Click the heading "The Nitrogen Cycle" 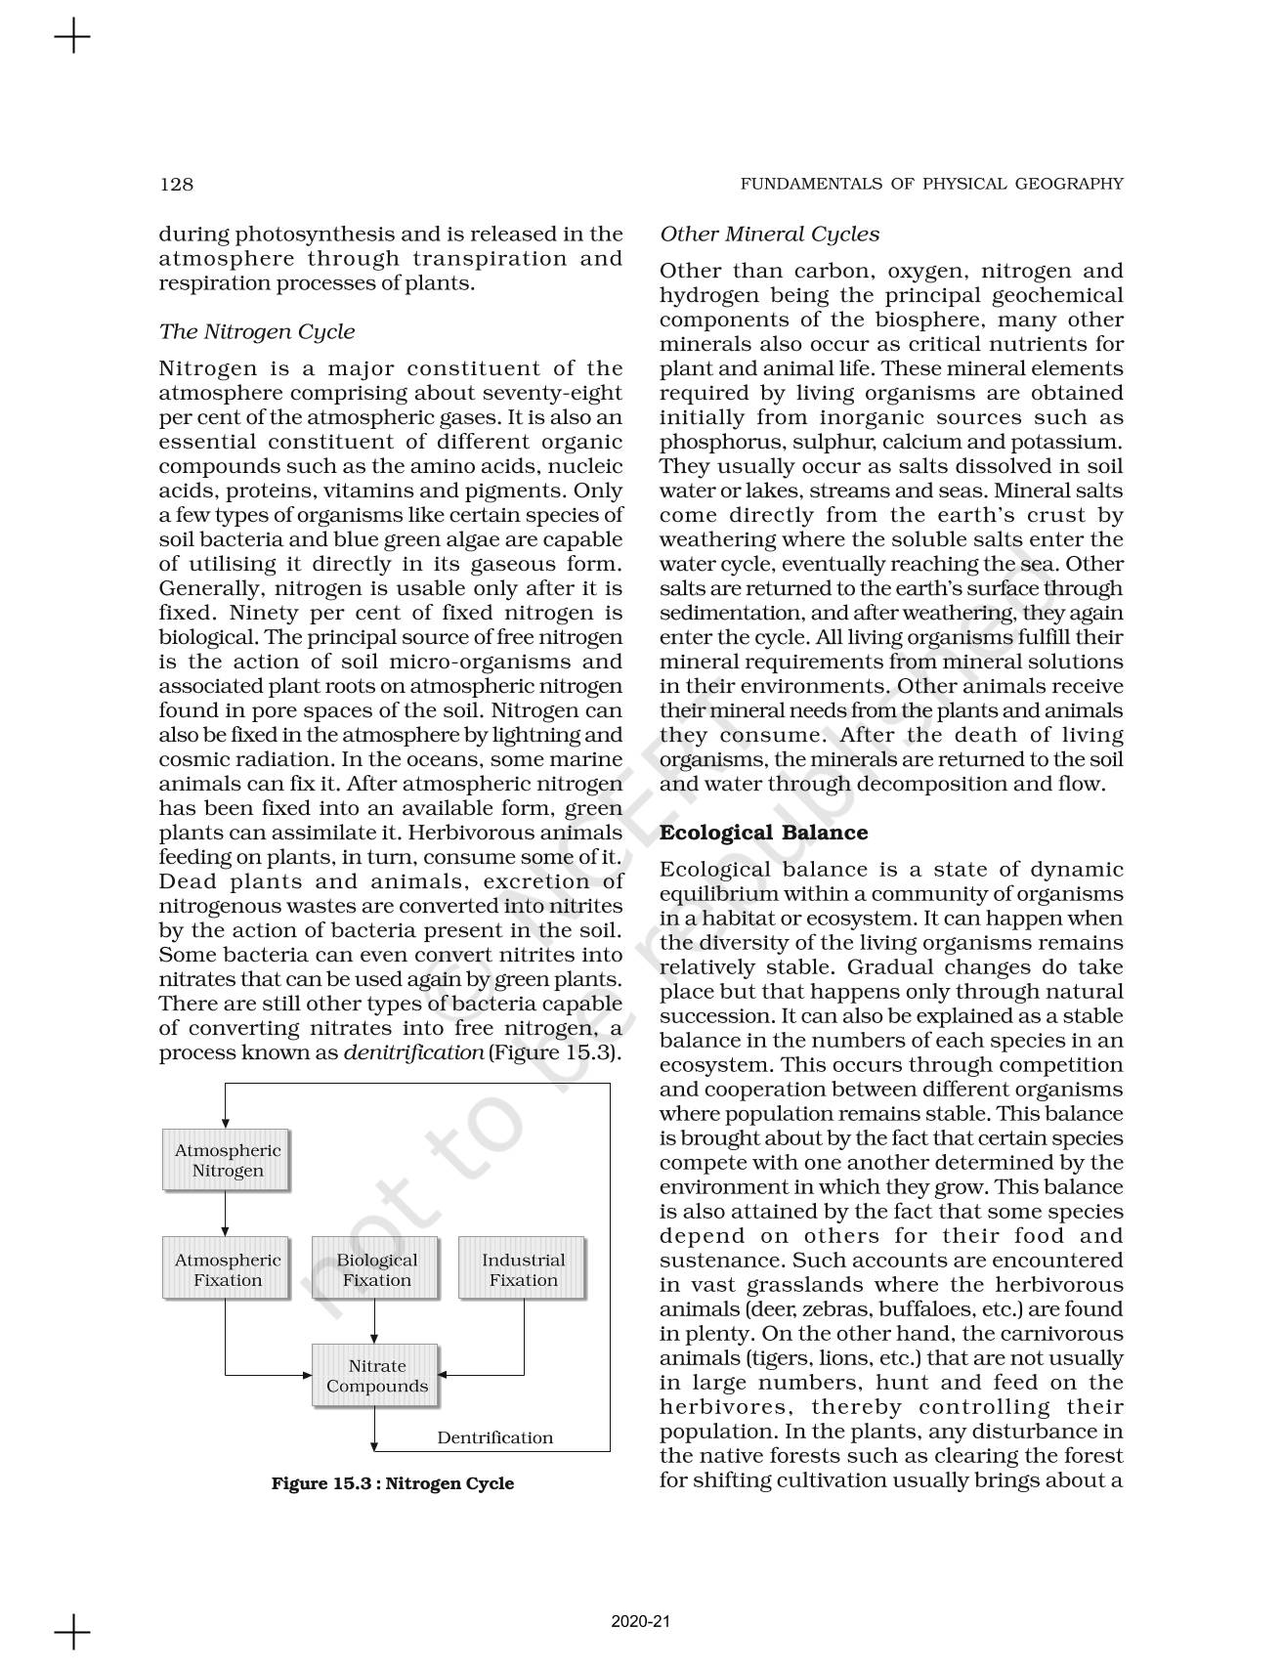coord(256,332)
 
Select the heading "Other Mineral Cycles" coord(769,235)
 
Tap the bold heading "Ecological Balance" coord(763,833)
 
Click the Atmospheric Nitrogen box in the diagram coord(227,1161)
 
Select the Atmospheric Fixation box coord(227,1270)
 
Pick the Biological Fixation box coord(376,1270)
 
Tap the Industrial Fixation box coord(523,1270)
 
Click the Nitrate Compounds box coord(376,1376)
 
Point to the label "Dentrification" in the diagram coord(494,1437)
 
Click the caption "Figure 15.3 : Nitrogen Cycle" coord(392,1483)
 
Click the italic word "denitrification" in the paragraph coord(413,1053)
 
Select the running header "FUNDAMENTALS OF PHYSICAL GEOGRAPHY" coord(931,184)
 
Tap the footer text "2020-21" coord(640,1622)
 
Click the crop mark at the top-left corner coord(72,38)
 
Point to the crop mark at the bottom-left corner coord(72,1632)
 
